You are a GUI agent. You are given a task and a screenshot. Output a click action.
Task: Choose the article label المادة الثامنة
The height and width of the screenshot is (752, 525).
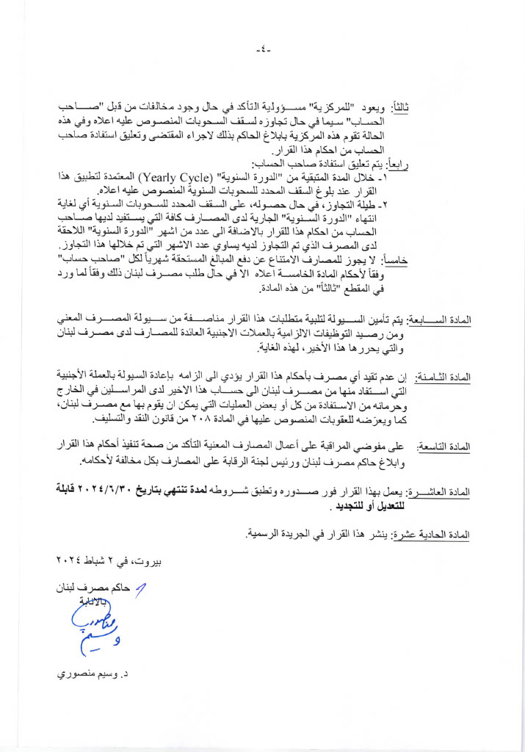pyautogui.click(x=443, y=377)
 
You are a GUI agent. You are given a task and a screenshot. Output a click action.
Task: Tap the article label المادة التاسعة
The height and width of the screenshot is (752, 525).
pyautogui.click(x=443, y=446)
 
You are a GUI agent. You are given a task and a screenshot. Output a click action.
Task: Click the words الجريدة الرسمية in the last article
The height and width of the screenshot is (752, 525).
pyautogui.click(x=276, y=535)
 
